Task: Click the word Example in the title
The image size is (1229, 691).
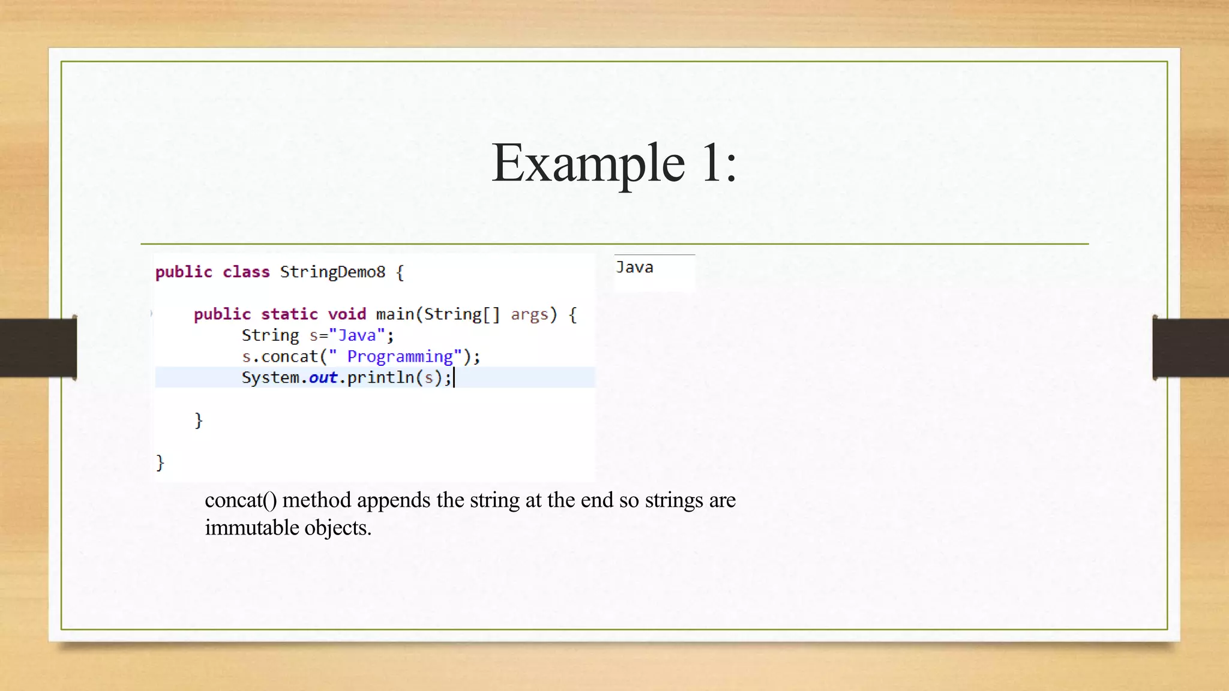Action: (x=587, y=163)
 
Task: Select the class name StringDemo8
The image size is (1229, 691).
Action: (x=332, y=272)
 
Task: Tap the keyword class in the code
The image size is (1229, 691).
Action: (x=246, y=272)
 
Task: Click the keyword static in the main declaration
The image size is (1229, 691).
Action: (x=289, y=314)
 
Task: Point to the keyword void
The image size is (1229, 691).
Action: (x=347, y=314)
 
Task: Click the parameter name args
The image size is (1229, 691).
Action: (x=529, y=314)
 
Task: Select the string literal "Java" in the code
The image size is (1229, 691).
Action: (x=356, y=335)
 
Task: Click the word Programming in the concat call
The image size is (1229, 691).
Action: (x=400, y=356)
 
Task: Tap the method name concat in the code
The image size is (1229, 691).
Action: (x=289, y=356)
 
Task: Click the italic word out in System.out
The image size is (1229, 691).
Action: (x=323, y=377)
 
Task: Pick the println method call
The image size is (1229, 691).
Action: (x=380, y=377)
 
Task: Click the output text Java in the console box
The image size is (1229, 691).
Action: (x=634, y=268)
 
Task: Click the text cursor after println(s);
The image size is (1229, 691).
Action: (x=454, y=377)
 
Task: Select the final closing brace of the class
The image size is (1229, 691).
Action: (x=160, y=462)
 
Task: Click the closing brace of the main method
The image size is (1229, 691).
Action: (x=199, y=420)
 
